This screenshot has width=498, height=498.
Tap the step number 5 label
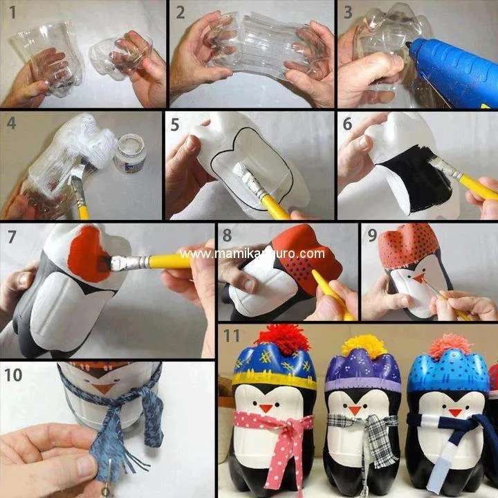pyautogui.click(x=176, y=125)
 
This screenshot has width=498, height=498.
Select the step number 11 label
pyautogui.click(x=232, y=336)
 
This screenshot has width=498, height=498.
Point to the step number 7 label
pyautogui.click(x=12, y=237)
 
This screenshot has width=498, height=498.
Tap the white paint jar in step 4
pyautogui.click(x=129, y=154)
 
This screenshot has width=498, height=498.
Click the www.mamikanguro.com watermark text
pyautogui.click(x=252, y=253)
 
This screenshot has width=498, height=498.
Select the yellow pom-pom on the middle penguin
pyautogui.click(x=363, y=344)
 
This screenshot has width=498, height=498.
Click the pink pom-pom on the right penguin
pyautogui.click(x=450, y=344)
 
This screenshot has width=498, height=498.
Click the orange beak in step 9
pyautogui.click(x=418, y=278)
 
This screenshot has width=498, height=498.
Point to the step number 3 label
pyautogui.click(x=348, y=12)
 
